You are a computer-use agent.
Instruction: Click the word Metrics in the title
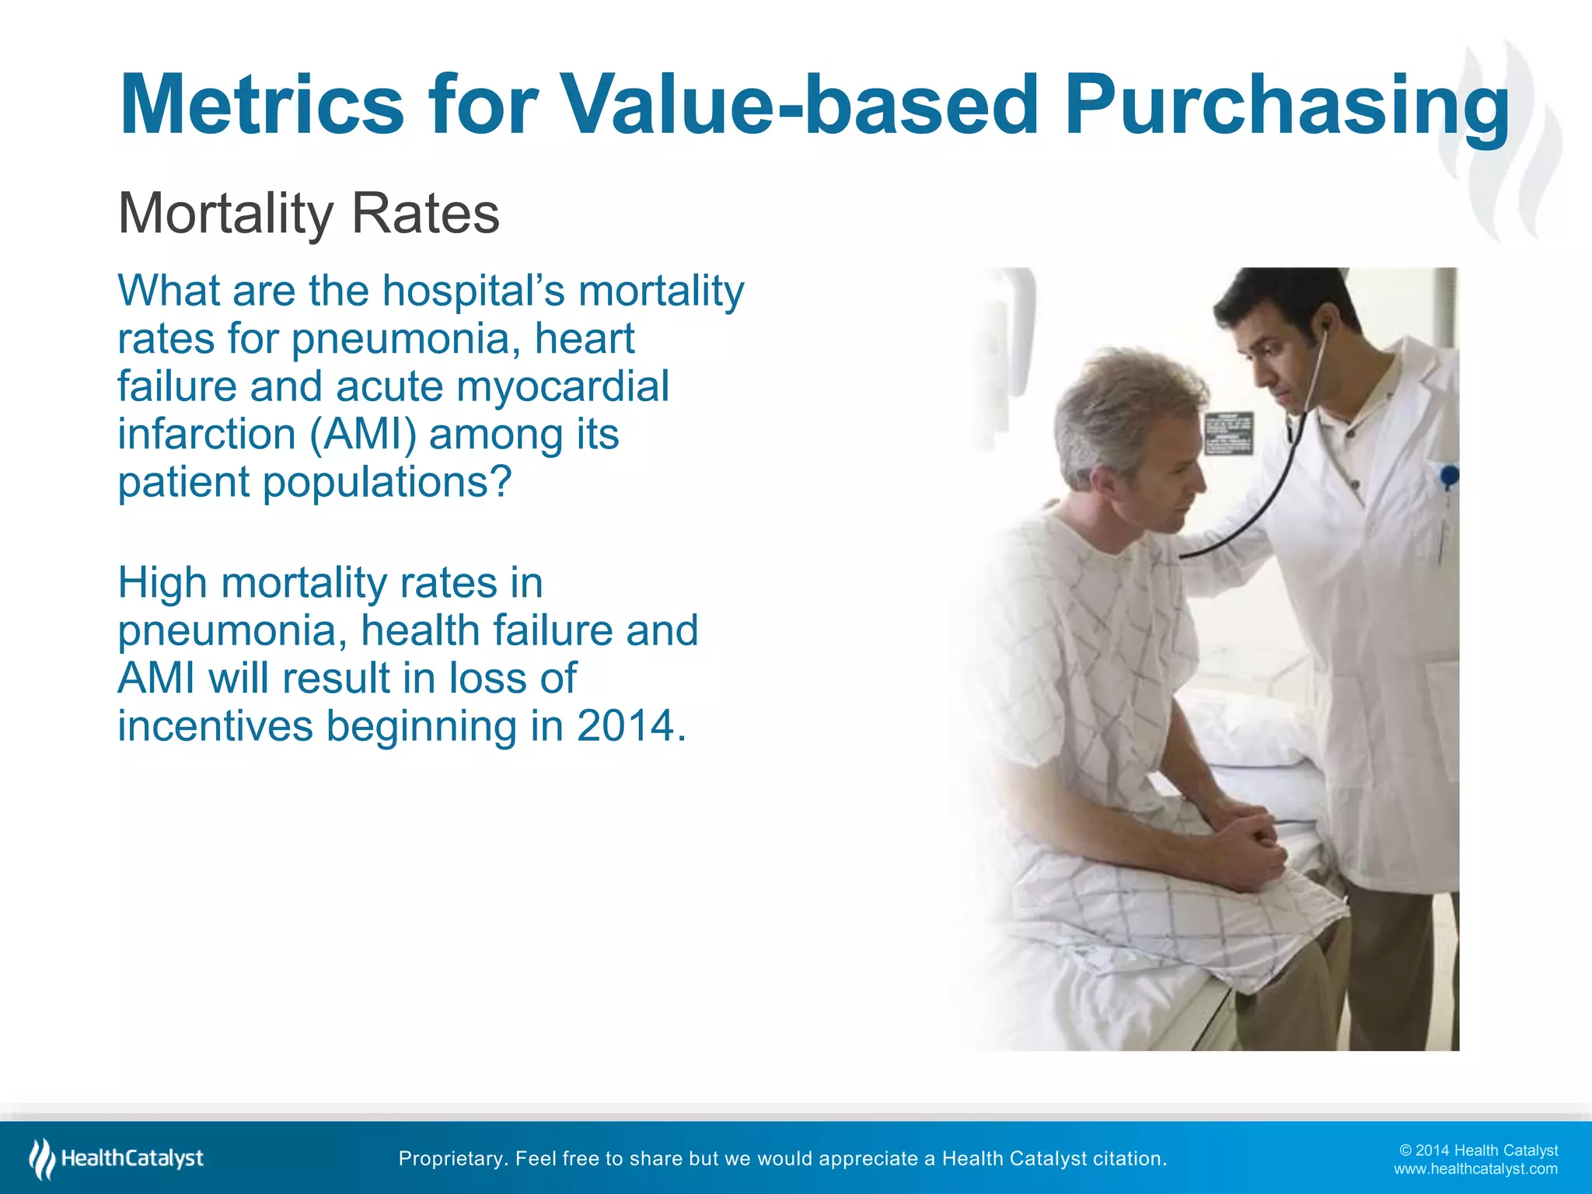coord(262,105)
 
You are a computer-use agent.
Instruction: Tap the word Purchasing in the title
coord(1287,105)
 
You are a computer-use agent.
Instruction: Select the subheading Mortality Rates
coord(309,213)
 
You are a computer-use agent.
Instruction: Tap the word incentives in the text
coord(215,726)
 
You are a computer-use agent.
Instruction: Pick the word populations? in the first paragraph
coord(387,482)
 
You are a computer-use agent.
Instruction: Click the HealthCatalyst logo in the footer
coord(117,1158)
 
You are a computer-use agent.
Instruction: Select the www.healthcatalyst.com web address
coord(1475,1169)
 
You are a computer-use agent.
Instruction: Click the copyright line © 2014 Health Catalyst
coord(1478,1150)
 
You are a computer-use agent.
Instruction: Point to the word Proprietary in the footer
coord(452,1158)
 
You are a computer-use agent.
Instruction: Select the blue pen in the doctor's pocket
coord(1448,476)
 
